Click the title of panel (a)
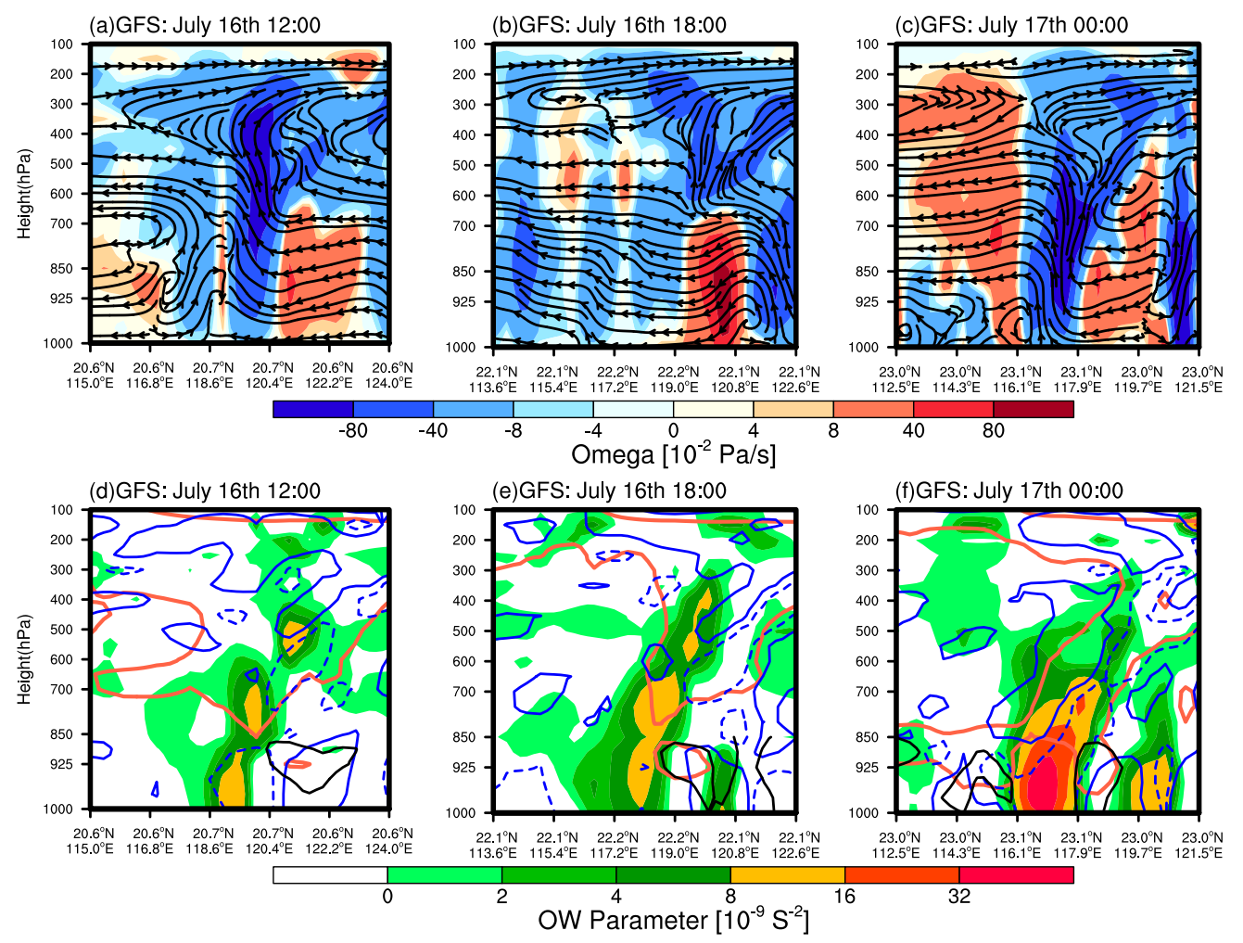pyautogui.click(x=204, y=25)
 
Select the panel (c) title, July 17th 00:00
pyautogui.click(x=1011, y=25)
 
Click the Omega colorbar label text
pyautogui.click(x=673, y=454)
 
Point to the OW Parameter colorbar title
pyautogui.click(x=673, y=920)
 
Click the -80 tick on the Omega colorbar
pyautogui.click(x=353, y=430)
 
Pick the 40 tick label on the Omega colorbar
pyautogui.click(x=913, y=430)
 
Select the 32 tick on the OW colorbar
pyautogui.click(x=959, y=896)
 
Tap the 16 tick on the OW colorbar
pyautogui.click(x=844, y=896)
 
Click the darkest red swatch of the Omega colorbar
pyautogui.click(x=1034, y=409)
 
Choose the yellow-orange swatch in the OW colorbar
pyautogui.click(x=787, y=874)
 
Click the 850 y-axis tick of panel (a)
pyautogui.click(x=62, y=269)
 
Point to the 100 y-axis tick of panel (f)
pyautogui.click(x=869, y=510)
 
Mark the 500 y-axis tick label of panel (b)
pyautogui.click(x=464, y=165)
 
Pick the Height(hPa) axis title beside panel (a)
pyautogui.click(x=24, y=193)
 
